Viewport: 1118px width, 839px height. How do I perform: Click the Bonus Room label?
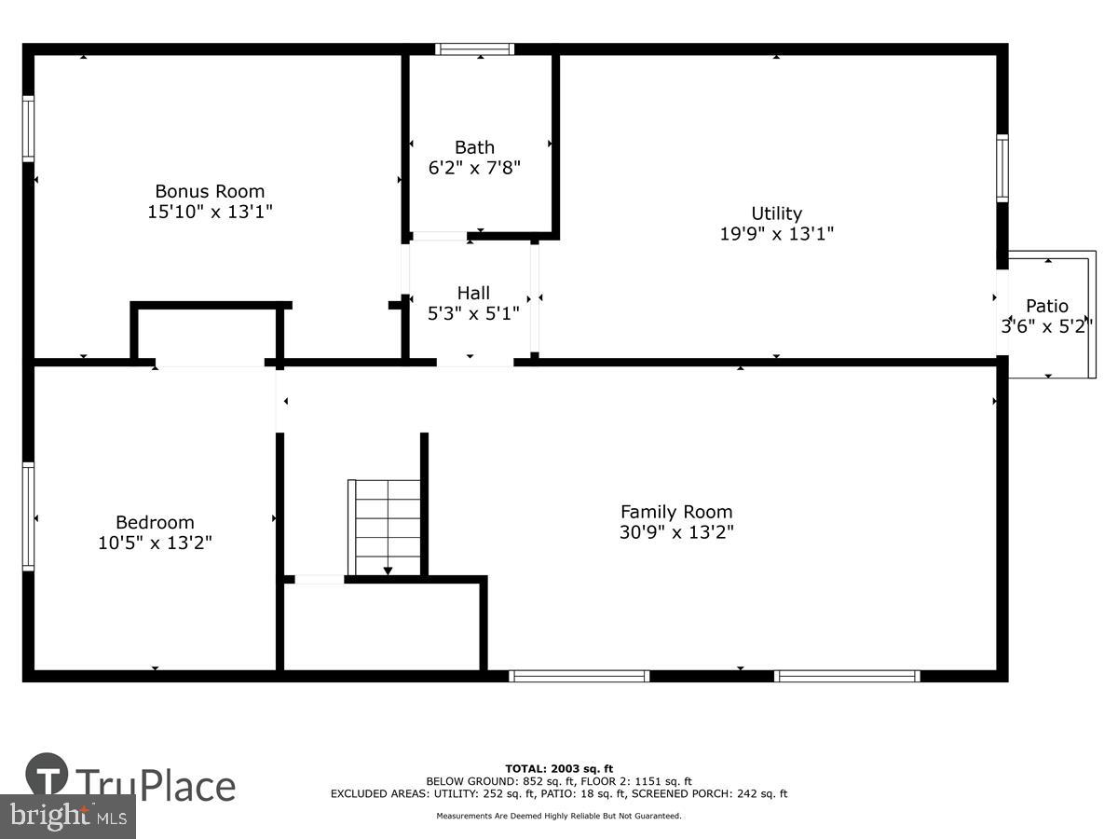210,191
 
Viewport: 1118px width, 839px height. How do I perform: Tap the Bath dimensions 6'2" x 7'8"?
474,168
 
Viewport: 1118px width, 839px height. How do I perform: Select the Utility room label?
776,213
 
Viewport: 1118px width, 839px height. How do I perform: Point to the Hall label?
473,294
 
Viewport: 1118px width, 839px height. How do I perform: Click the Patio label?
1047,306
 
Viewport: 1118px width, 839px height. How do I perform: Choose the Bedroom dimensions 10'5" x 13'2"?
155,543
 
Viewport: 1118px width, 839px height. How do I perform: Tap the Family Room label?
676,512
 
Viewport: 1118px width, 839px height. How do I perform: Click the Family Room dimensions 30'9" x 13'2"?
676,532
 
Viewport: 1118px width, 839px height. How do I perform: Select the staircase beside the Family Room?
385,528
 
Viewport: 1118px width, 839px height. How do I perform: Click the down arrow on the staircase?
389,570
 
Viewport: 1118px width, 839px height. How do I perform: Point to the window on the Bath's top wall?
474,49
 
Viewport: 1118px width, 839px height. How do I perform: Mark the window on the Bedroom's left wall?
28,516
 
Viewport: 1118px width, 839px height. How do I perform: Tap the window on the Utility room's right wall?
1002,168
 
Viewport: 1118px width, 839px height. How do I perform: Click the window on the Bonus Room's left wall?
28,129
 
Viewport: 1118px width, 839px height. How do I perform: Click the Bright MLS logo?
67,817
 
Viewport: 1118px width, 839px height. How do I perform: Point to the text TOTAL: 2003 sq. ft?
559,768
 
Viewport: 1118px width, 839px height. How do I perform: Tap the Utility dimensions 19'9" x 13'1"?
776,234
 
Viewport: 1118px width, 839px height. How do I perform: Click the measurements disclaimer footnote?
559,816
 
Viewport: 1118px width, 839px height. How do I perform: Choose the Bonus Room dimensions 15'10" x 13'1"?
210,212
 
